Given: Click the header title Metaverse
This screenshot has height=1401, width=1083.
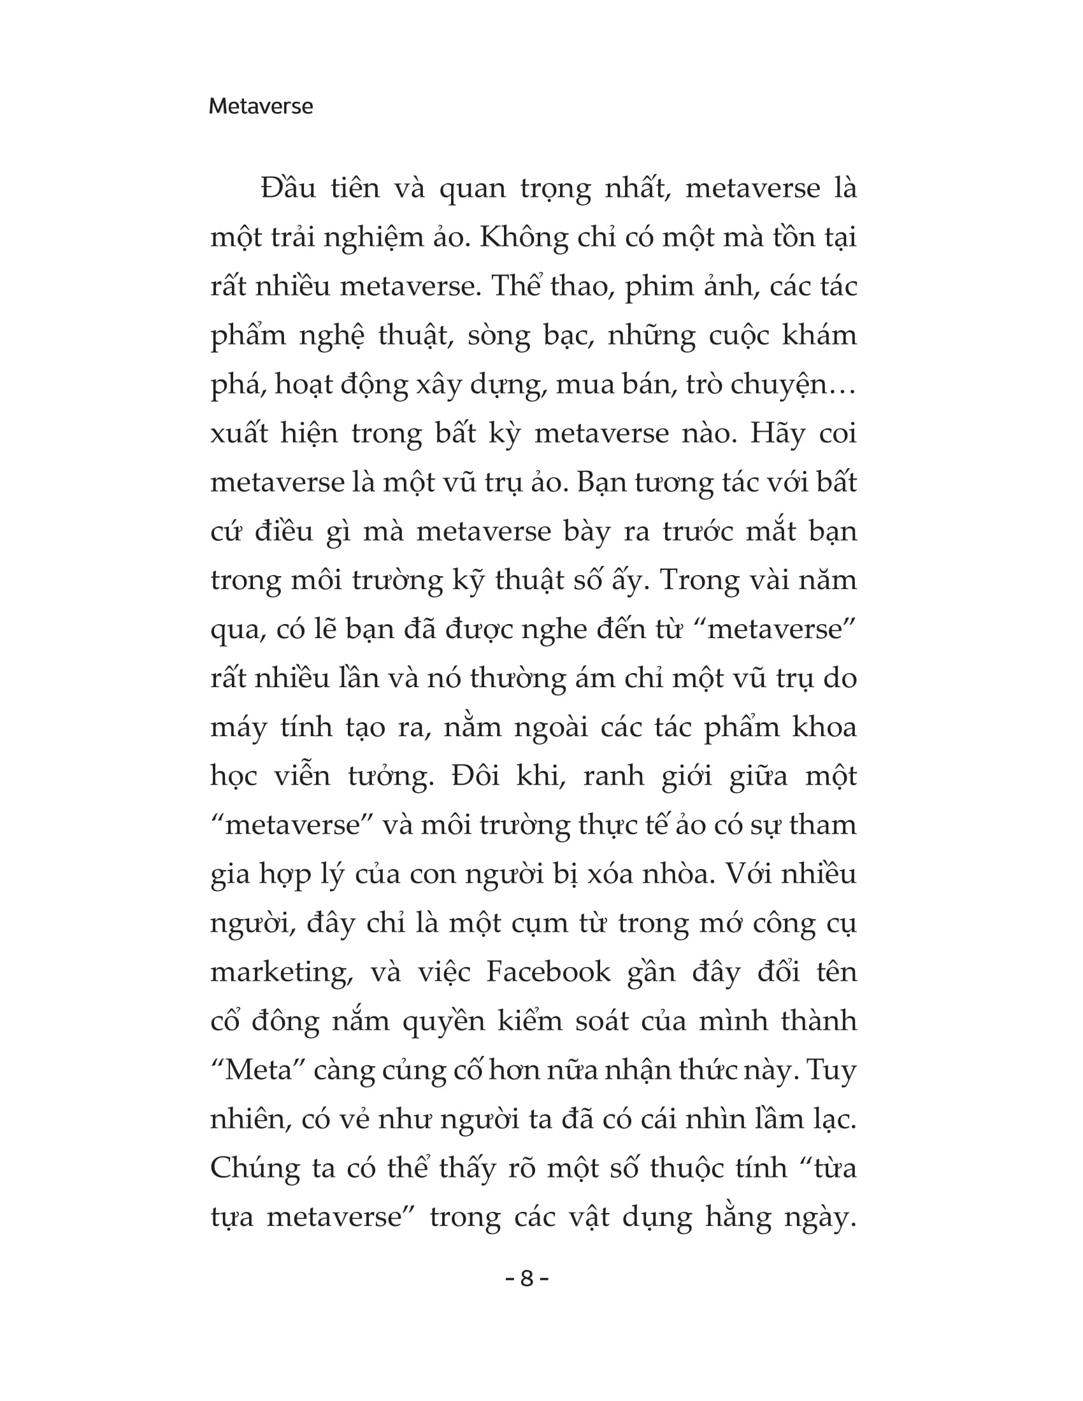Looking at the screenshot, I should tap(261, 106).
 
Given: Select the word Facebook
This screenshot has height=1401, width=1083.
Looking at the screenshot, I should tap(548, 971).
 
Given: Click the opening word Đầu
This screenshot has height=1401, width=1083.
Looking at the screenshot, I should tap(288, 188).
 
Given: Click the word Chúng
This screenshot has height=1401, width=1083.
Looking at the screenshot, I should tap(255, 1169).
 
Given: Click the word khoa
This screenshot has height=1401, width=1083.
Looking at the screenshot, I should tap(824, 727).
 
